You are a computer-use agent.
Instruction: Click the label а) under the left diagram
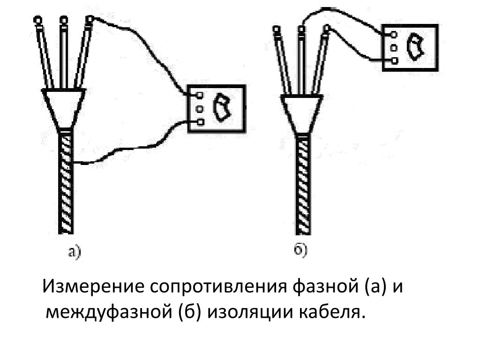coord(75,252)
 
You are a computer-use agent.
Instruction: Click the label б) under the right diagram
coord(300,249)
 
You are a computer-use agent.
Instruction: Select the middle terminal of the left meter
coord(200,109)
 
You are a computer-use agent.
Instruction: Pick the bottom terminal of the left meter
coord(200,122)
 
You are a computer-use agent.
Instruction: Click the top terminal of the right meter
coord(394,34)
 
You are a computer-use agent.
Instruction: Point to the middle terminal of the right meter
coord(394,48)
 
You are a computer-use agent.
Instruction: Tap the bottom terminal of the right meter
coord(394,60)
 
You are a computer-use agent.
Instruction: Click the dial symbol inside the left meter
coord(222,108)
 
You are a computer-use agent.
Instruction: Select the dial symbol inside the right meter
coord(415,47)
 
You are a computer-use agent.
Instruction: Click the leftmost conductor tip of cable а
coord(37,20)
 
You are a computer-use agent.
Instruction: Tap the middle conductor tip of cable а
coord(64,20)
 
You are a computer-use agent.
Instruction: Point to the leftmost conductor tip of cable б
coord(276,30)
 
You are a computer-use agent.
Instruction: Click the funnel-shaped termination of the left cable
coord(64,109)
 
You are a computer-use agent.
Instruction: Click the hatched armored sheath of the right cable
coord(303,185)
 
